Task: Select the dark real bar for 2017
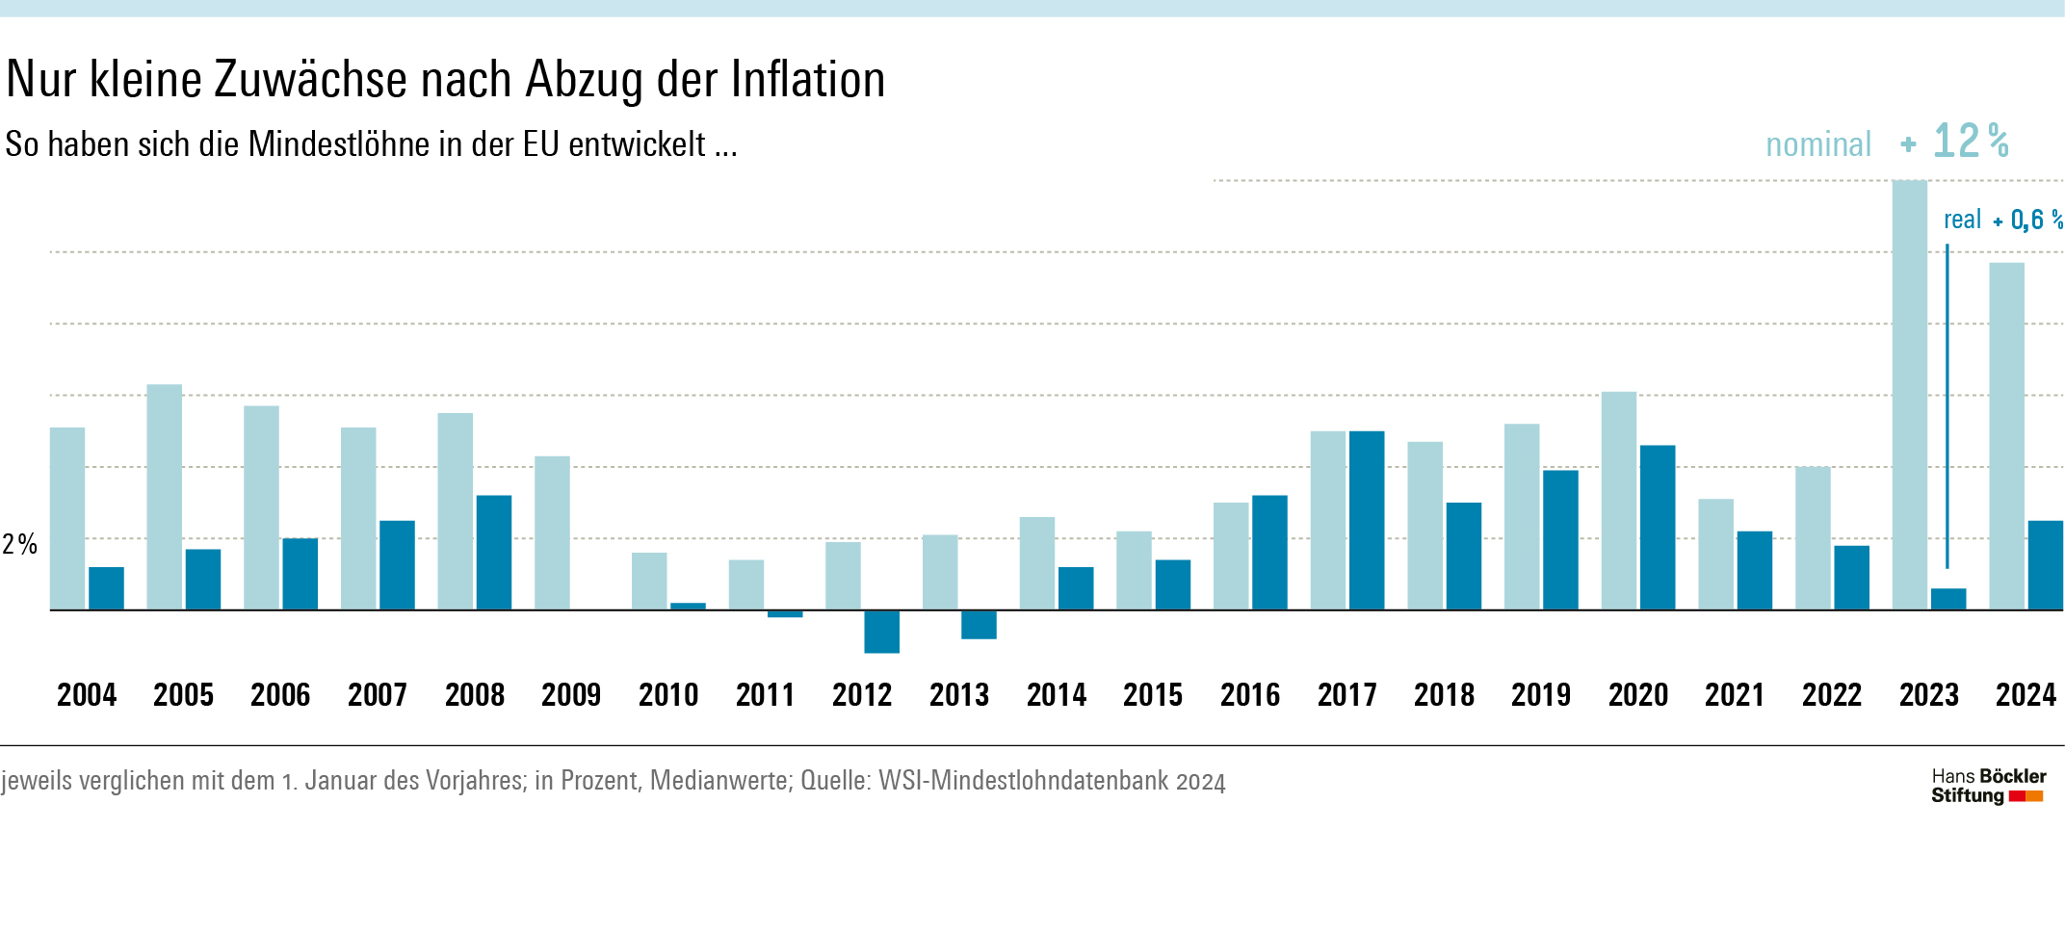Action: (1367, 520)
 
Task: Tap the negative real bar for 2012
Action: (881, 632)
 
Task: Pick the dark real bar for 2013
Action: (979, 625)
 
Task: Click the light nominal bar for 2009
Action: (552, 532)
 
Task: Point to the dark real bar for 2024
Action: (2045, 565)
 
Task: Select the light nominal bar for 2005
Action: (164, 497)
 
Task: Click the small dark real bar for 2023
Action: (1948, 599)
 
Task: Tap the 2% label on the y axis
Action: (19, 544)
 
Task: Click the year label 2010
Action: (668, 695)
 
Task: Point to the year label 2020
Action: (1637, 695)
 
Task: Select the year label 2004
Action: (87, 695)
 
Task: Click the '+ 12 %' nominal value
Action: (1955, 142)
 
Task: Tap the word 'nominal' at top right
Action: (1817, 144)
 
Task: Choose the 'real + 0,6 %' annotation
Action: (2002, 220)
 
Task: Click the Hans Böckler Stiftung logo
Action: (1988, 786)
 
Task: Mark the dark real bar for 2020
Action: (1658, 527)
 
